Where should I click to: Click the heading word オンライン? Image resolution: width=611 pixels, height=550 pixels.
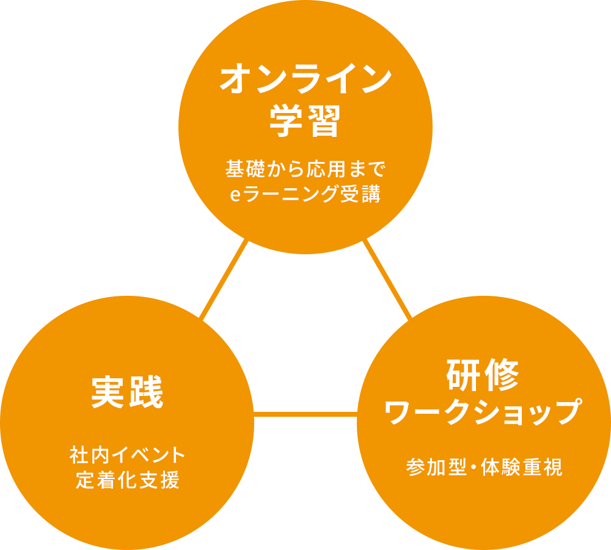pos(305,80)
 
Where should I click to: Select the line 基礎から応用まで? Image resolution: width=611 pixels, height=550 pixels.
pos(305,167)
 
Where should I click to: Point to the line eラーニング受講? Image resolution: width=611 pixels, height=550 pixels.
pos(305,195)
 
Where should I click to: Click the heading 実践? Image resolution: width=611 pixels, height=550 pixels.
pos(127,392)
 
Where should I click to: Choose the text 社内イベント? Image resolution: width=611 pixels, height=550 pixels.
pos(127,455)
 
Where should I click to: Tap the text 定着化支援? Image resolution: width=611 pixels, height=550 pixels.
pos(127,480)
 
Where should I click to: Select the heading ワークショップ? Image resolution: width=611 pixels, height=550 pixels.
pos(483,413)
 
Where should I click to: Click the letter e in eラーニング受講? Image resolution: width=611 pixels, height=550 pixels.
pos(233,196)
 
